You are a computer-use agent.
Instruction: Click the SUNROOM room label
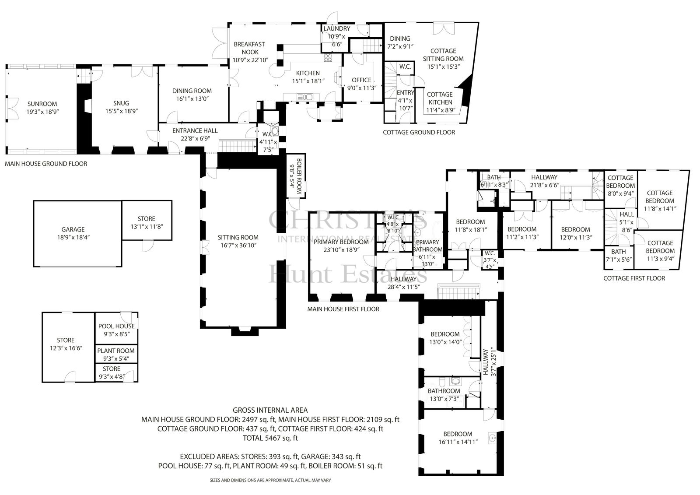[x=42, y=104]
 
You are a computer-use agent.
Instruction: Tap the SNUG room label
[x=121, y=103]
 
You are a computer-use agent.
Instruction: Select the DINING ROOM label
[x=192, y=91]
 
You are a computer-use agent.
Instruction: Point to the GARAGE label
[x=73, y=229]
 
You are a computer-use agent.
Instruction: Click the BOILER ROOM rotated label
[x=299, y=176]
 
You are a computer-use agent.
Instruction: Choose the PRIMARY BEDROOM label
[x=341, y=242]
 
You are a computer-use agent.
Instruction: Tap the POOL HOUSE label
[x=116, y=326]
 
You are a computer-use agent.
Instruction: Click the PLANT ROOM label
[x=116, y=351]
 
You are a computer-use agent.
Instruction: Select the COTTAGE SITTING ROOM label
[x=443, y=55]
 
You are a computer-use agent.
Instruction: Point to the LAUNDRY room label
[x=336, y=28]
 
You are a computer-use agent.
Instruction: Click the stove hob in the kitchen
[x=328, y=57]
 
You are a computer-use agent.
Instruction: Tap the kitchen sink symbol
[x=304, y=97]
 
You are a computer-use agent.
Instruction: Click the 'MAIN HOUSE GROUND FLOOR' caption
[x=46, y=164]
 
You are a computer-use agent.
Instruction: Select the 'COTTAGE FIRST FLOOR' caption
[x=634, y=278]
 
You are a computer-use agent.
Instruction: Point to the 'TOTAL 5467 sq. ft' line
[x=270, y=438]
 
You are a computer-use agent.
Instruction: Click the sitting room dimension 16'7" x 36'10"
[x=238, y=246]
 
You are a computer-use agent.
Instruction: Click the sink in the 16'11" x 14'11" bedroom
[x=492, y=438]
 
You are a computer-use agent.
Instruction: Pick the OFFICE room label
[x=361, y=81]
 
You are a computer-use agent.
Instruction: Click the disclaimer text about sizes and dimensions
[x=270, y=480]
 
